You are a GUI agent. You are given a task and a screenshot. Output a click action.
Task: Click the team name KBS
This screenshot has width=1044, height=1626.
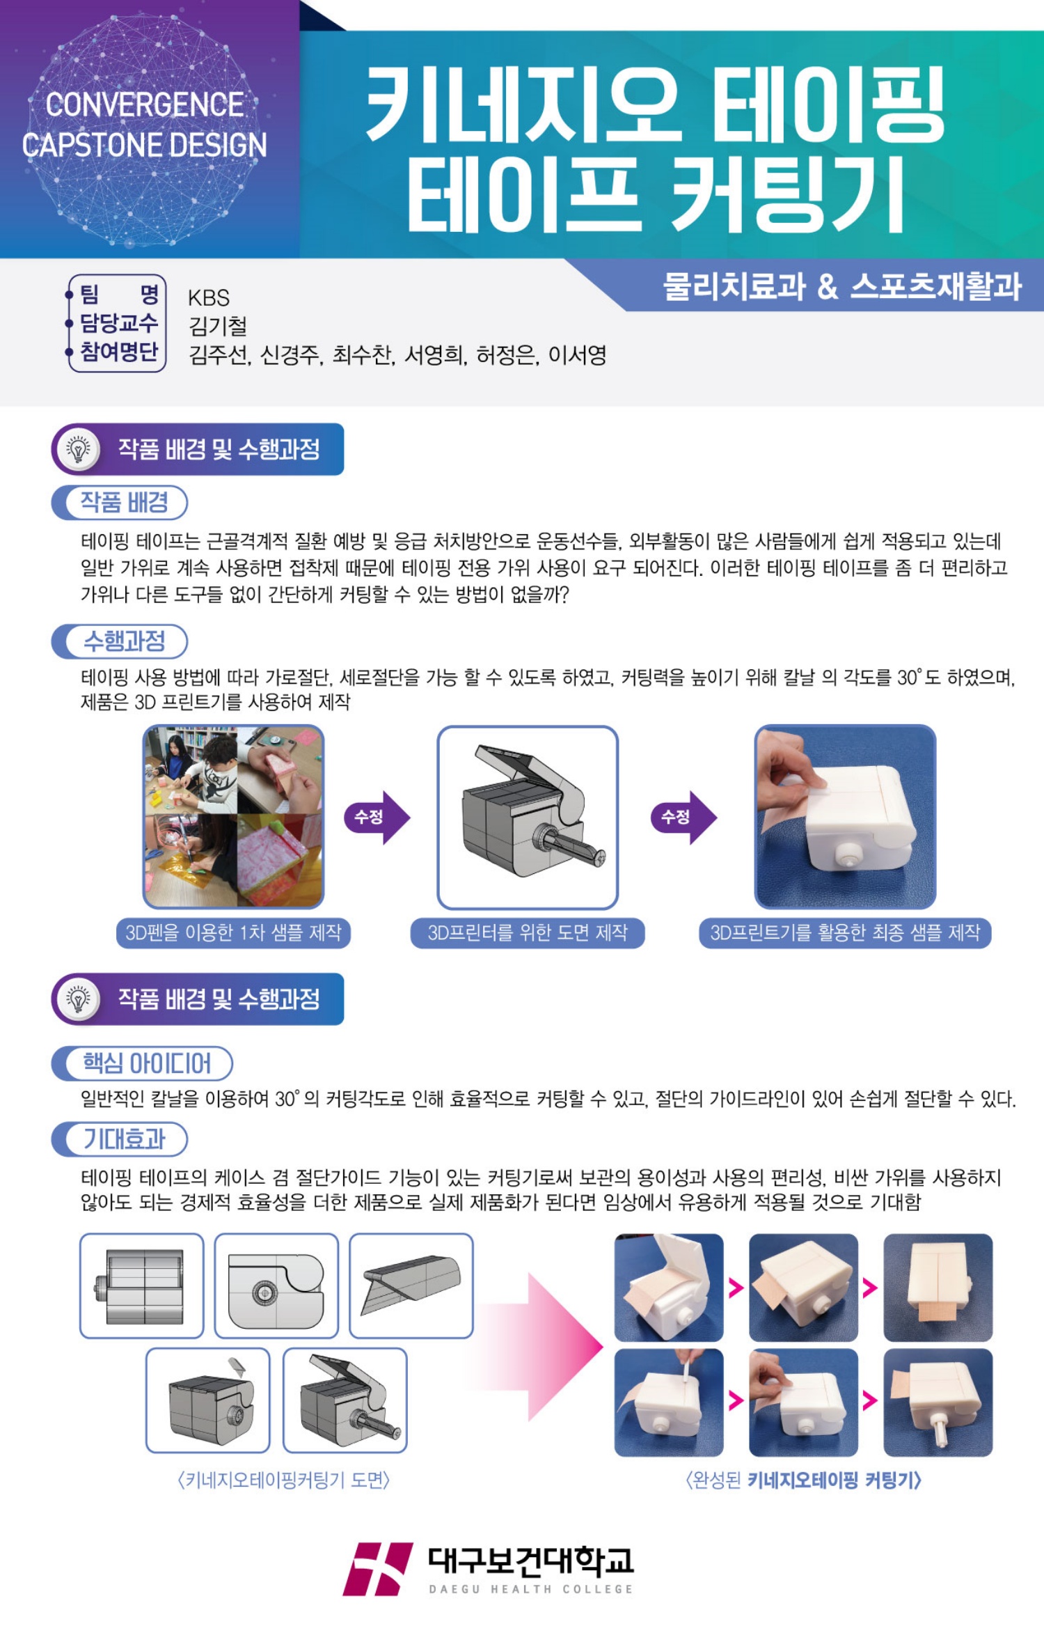209,297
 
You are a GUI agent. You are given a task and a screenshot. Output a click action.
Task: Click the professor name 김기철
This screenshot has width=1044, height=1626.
218,326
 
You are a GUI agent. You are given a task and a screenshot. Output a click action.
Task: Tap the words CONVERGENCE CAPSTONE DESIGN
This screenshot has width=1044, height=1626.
144,125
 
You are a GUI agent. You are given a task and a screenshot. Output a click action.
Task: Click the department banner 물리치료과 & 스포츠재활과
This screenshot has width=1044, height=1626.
842,286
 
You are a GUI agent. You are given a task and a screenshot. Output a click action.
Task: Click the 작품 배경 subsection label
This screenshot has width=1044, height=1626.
125,502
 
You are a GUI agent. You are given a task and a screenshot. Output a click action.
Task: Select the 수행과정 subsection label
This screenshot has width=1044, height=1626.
125,641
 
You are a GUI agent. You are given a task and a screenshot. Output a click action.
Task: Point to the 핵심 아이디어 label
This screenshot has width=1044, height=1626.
146,1063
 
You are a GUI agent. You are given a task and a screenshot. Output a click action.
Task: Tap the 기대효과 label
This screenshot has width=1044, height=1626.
125,1139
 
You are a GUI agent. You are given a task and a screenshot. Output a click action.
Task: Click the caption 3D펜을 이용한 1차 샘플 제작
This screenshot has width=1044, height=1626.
233,932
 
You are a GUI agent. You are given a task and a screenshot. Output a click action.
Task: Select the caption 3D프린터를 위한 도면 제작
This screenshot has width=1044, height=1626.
528,932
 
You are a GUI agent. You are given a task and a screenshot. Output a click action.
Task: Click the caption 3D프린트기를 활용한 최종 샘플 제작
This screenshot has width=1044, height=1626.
845,932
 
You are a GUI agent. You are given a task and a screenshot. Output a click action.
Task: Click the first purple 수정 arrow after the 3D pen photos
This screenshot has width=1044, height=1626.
377,817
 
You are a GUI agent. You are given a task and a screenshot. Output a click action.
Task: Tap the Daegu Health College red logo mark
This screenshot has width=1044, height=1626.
377,1569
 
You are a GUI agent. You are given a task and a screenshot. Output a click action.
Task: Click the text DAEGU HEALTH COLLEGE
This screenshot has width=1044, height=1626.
531,1589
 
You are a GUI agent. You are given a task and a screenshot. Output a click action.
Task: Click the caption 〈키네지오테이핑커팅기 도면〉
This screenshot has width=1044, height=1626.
284,1480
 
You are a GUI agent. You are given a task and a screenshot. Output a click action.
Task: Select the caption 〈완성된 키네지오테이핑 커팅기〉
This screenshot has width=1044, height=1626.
804,1480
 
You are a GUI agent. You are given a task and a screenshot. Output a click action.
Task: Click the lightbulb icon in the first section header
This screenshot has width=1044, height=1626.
79,449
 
